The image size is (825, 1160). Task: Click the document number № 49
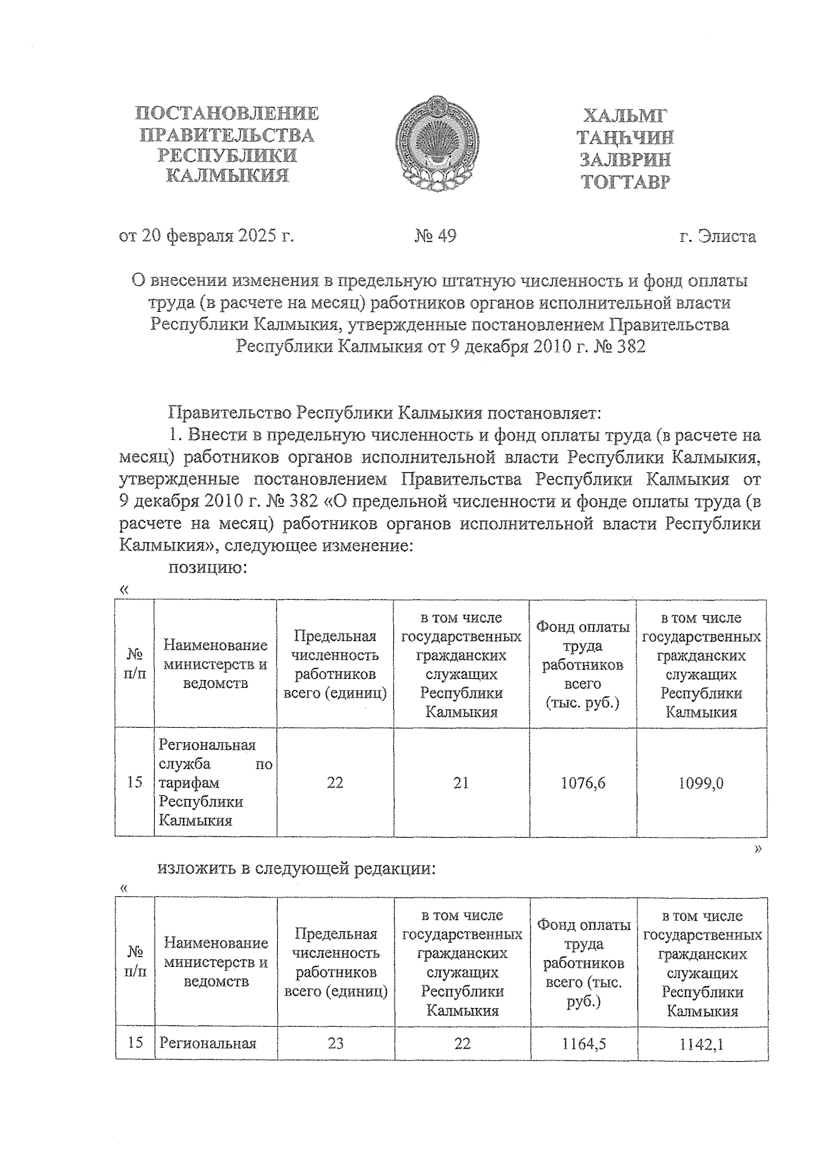[435, 236]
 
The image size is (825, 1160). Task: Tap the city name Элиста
[727, 237]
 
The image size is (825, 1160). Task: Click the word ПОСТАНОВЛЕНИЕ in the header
[228, 113]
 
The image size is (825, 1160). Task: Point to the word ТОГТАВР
[625, 183]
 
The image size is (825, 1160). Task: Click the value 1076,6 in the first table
[583, 783]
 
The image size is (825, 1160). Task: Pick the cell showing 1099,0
[701, 783]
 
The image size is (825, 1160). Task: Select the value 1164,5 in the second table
[584, 1043]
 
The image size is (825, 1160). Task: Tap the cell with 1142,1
[702, 1043]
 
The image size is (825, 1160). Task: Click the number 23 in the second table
[335, 1043]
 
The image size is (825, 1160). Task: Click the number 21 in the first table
[461, 783]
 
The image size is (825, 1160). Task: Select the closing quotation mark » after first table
[758, 850]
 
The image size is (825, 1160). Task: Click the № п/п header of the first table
[135, 664]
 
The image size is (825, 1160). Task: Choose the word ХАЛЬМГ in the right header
[625, 115]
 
